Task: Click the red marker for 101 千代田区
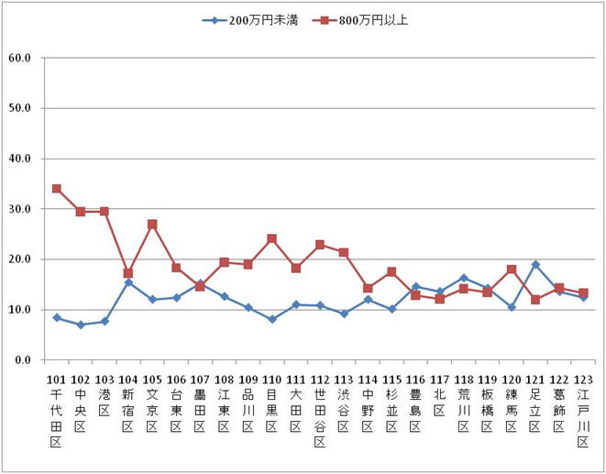click(57, 189)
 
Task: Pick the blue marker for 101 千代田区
click(57, 317)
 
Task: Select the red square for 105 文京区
click(152, 224)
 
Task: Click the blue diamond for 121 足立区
click(535, 265)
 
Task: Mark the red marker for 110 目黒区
click(272, 239)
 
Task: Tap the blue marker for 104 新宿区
click(128, 282)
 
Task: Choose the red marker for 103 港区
click(105, 212)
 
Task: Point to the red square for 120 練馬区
click(512, 270)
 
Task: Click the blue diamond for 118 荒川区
click(464, 278)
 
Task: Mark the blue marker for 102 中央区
click(81, 325)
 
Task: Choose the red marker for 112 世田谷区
click(320, 245)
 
